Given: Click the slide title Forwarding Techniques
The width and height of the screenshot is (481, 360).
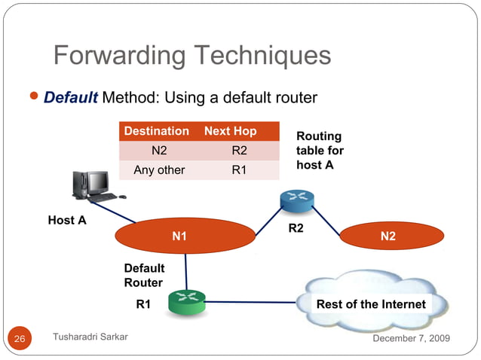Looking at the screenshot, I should [x=192, y=56].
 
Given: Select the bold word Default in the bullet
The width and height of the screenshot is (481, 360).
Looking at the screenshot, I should [x=71, y=98].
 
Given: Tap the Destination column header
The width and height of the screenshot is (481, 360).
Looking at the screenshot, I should [x=156, y=131].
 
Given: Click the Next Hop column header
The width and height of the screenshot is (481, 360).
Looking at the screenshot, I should [x=230, y=131].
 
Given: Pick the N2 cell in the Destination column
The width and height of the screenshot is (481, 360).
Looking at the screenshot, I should [x=159, y=150].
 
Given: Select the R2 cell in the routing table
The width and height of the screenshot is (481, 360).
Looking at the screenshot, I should [x=239, y=150].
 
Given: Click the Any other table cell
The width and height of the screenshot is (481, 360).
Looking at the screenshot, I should [x=159, y=169].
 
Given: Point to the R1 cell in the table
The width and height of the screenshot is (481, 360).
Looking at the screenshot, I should [x=239, y=169].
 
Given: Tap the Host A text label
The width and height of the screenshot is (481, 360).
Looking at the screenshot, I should [x=67, y=220].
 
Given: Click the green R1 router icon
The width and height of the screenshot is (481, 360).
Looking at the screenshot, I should [x=187, y=303].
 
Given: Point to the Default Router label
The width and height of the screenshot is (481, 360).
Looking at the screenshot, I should [x=144, y=275].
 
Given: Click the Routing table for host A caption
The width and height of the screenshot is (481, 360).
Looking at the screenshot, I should [x=319, y=151].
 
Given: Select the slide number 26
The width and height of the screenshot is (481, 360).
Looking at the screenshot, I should [x=20, y=339].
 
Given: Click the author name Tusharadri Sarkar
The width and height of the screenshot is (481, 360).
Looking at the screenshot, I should [x=90, y=337].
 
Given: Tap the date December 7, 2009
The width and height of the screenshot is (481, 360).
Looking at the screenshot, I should [x=412, y=337].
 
